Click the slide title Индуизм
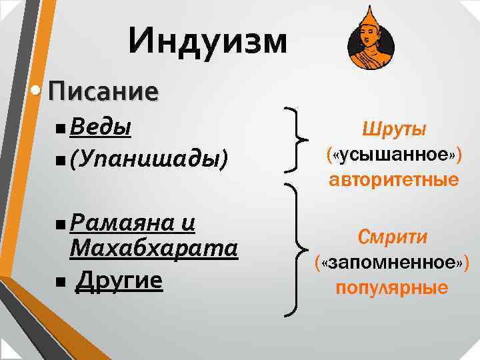click(x=208, y=41)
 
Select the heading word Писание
click(x=103, y=91)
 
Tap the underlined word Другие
click(x=119, y=281)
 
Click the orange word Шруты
click(x=393, y=129)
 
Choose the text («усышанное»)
click(x=393, y=155)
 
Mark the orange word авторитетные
click(x=393, y=180)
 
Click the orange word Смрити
click(x=393, y=237)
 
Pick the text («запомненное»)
click(x=393, y=262)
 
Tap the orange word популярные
click(x=393, y=288)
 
